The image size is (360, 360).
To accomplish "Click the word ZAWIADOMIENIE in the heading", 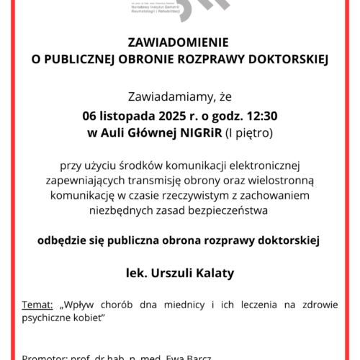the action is [180, 42].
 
